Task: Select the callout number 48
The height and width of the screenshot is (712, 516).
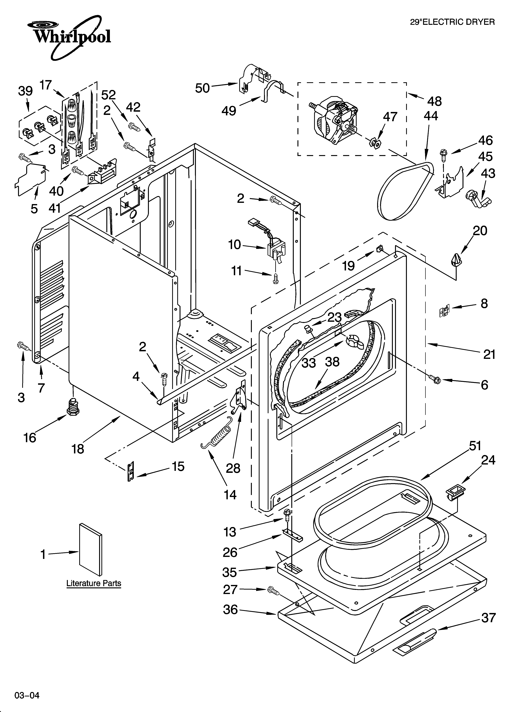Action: coord(434,101)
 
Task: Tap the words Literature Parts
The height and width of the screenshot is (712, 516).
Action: coord(94,583)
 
